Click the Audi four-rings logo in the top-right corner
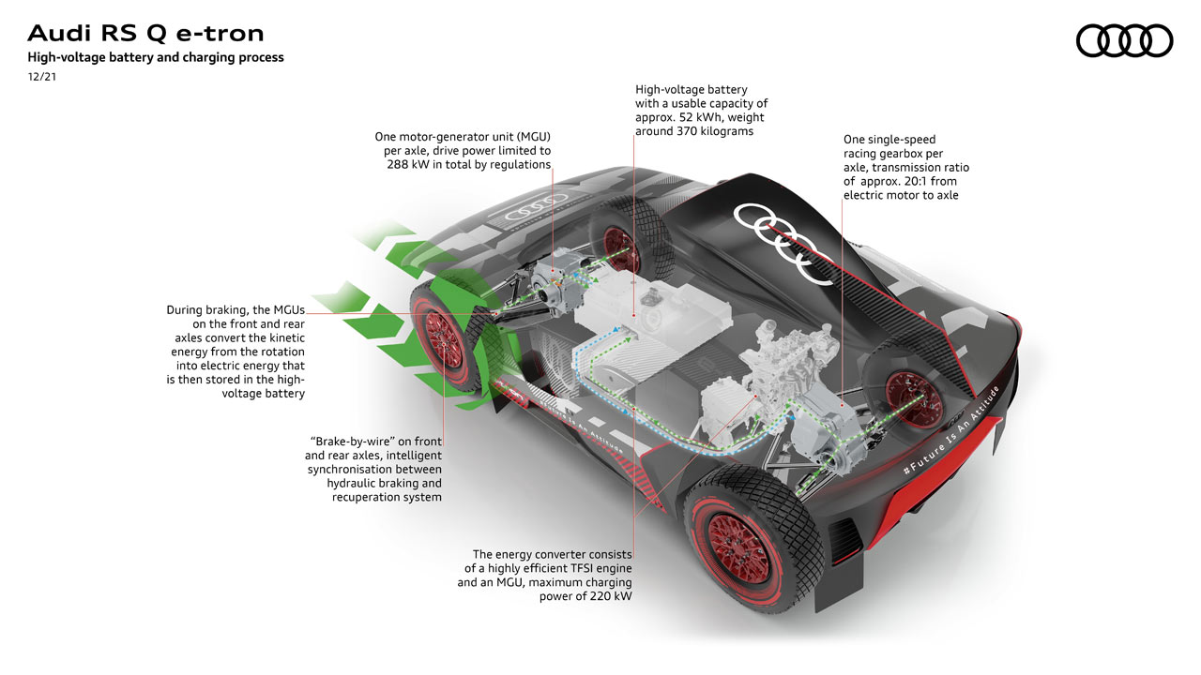tap(1124, 40)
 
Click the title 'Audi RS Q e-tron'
tap(145, 34)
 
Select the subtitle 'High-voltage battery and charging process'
tap(156, 57)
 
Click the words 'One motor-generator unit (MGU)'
tap(462, 136)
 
